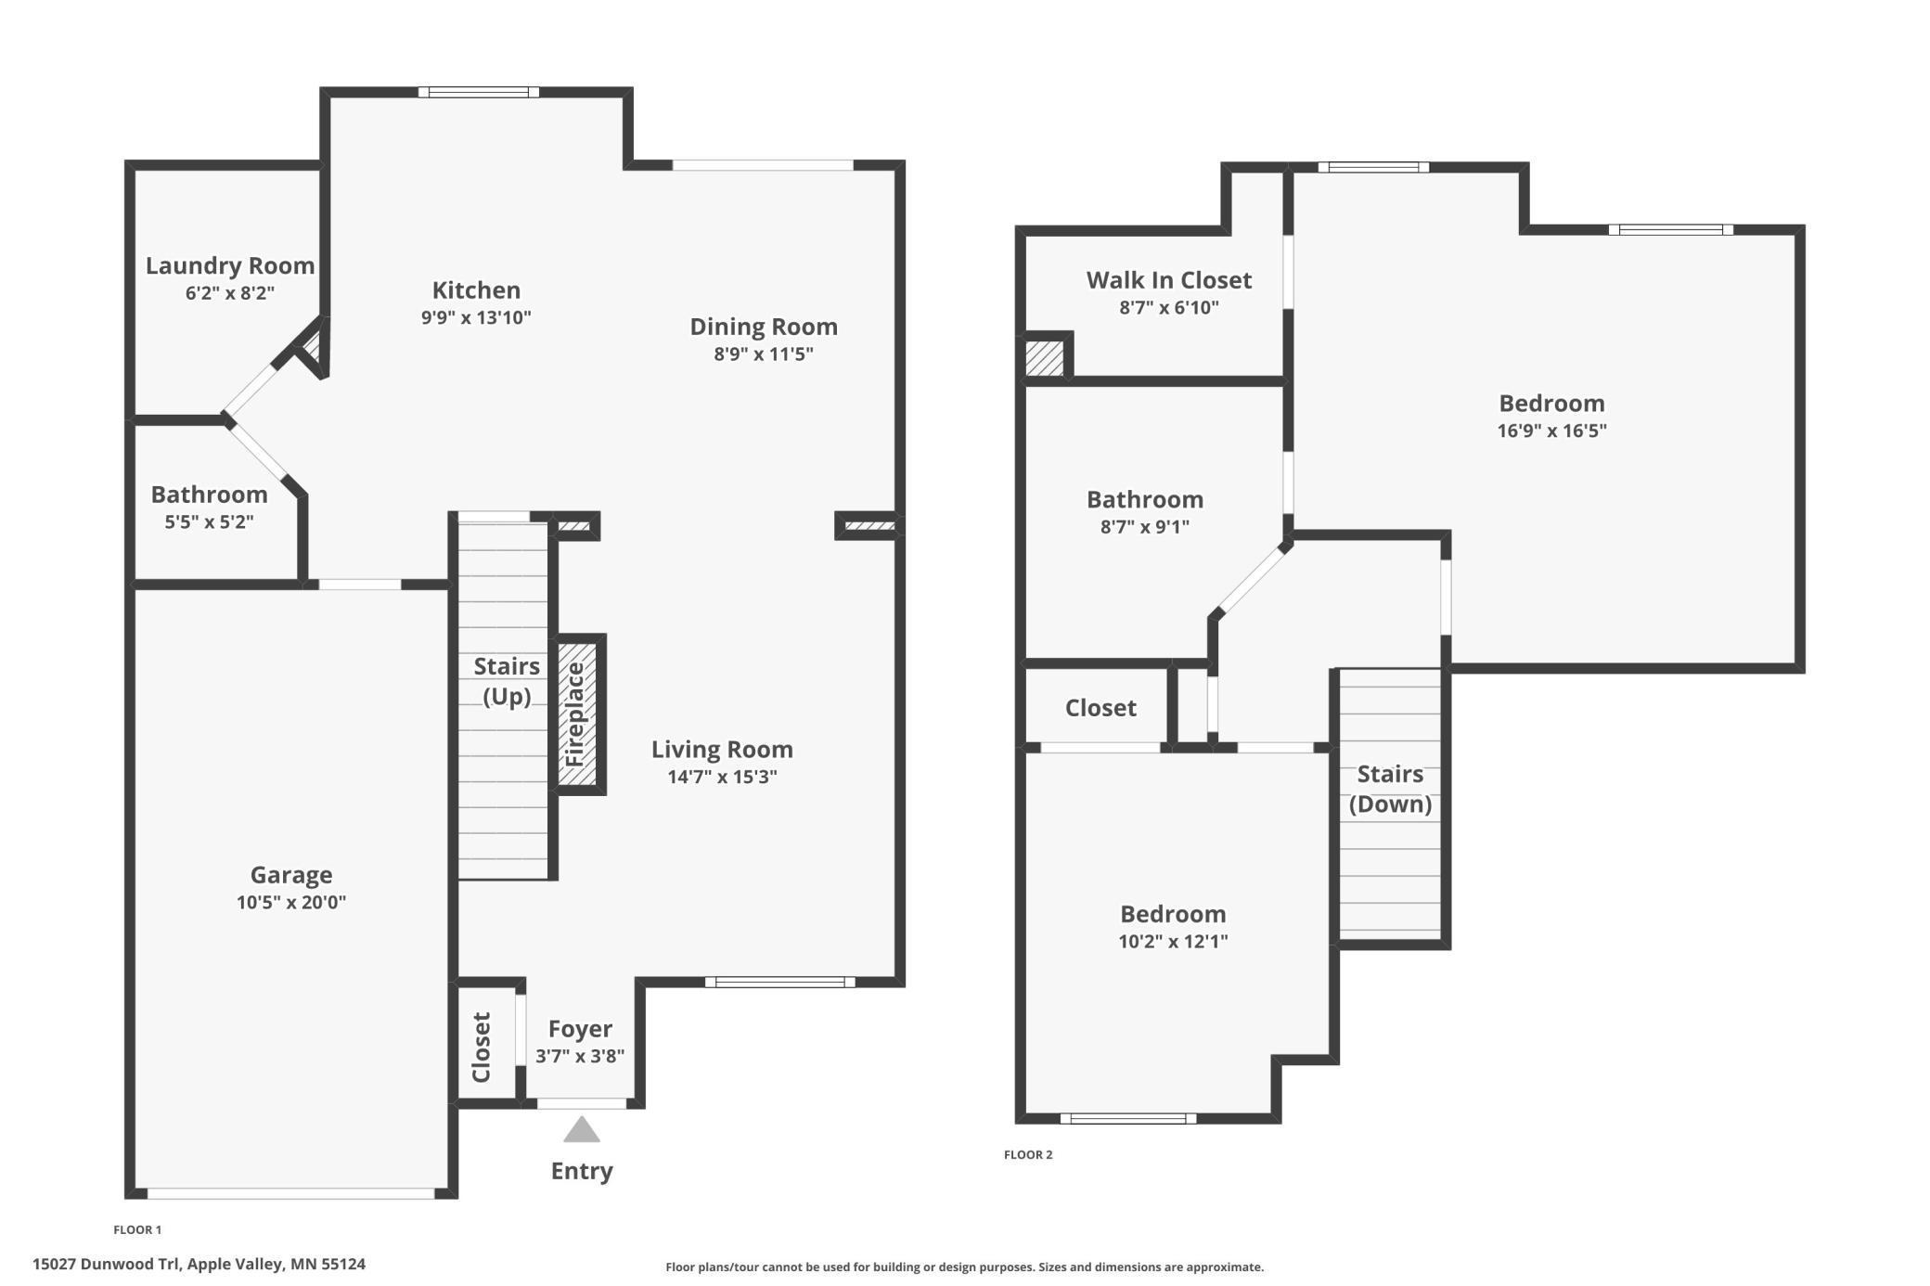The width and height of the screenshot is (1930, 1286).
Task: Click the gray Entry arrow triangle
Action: [582, 1131]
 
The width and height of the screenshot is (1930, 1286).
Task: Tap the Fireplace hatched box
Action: [577, 714]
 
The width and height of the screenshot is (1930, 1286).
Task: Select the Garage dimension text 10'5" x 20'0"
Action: [290, 902]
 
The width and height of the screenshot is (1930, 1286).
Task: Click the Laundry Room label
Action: [230, 265]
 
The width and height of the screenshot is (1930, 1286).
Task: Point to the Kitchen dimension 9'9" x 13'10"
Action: [476, 317]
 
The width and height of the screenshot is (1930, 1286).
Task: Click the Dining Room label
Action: [763, 327]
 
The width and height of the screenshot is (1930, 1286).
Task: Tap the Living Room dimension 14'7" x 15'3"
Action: [722, 777]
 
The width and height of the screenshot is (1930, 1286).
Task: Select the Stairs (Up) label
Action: [506, 681]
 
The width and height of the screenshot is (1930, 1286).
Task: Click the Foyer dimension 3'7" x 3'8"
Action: [580, 1056]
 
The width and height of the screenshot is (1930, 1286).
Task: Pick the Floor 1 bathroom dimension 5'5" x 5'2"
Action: [209, 521]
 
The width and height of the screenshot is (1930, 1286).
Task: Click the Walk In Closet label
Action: [1168, 280]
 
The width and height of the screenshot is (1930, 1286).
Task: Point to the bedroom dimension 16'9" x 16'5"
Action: [1551, 431]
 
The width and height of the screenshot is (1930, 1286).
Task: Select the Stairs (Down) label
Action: [1389, 789]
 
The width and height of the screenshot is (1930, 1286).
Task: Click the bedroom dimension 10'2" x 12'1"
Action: [1173, 941]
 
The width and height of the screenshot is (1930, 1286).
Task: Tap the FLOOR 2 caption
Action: [1028, 1154]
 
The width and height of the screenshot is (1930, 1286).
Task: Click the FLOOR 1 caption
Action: [137, 1229]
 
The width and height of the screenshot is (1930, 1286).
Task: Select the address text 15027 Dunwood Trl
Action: [109, 1264]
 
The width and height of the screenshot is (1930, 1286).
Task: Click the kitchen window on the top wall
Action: [478, 92]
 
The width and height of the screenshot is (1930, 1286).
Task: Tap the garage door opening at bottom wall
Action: [290, 1193]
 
